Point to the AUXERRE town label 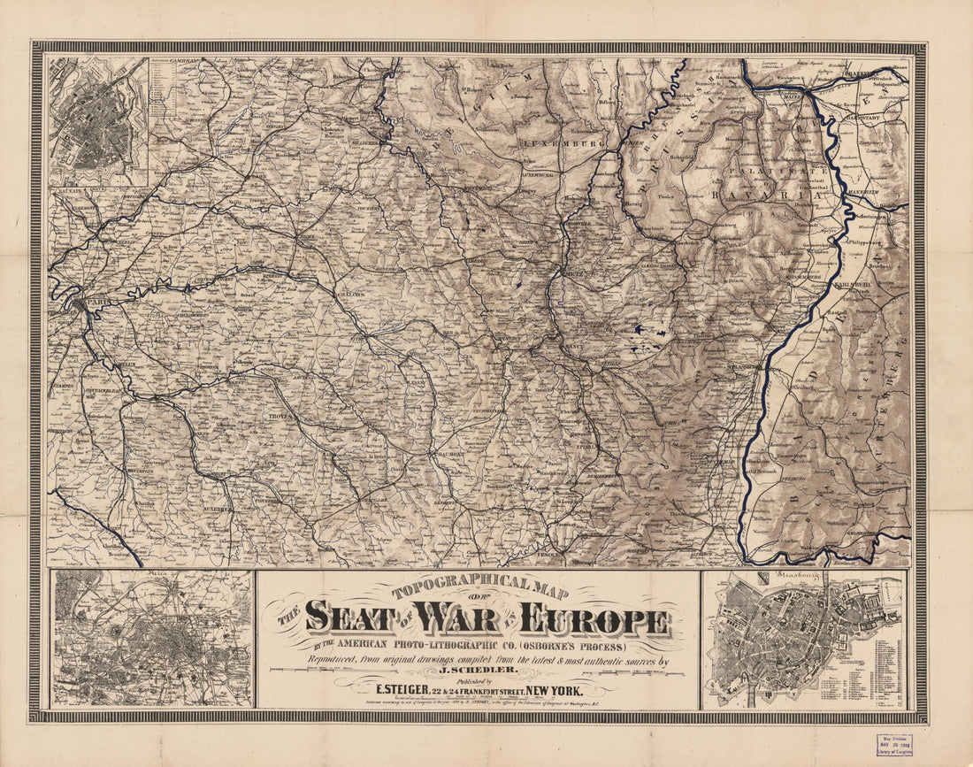click(215, 510)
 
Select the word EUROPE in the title click(594, 619)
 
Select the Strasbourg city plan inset click(803, 640)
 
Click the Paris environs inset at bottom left click(151, 639)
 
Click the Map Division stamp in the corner click(894, 744)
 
